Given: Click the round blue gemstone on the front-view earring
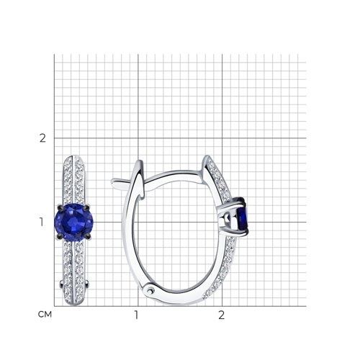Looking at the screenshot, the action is coord(74,222).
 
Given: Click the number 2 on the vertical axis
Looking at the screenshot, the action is coord(42,138).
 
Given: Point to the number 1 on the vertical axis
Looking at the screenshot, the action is coord(42,222).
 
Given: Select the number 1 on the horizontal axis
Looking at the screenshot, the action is coord(136,315).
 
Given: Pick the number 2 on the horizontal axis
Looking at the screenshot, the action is coord(221,315).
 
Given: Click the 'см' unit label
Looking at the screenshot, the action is coord(45,315).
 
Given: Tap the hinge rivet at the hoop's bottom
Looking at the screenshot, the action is coord(150,291).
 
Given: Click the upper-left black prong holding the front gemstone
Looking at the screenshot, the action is coord(59,207).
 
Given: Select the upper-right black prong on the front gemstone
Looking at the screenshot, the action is coord(88,206).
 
